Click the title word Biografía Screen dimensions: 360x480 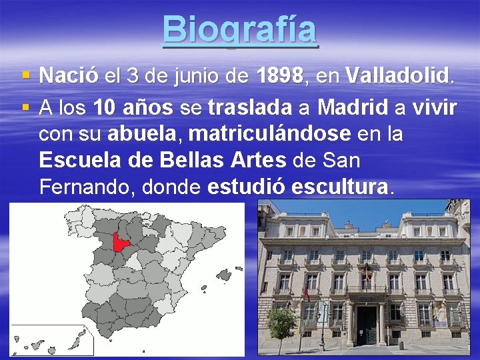coord(240,30)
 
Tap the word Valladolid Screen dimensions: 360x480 coord(399,76)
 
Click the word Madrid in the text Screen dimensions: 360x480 coord(354,106)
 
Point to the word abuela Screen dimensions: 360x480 coord(143,134)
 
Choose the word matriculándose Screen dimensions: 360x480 coord(270,134)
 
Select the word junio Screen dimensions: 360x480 coord(197,76)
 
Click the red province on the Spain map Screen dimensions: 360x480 coord(121,243)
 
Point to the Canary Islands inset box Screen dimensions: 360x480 coord(52,341)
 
